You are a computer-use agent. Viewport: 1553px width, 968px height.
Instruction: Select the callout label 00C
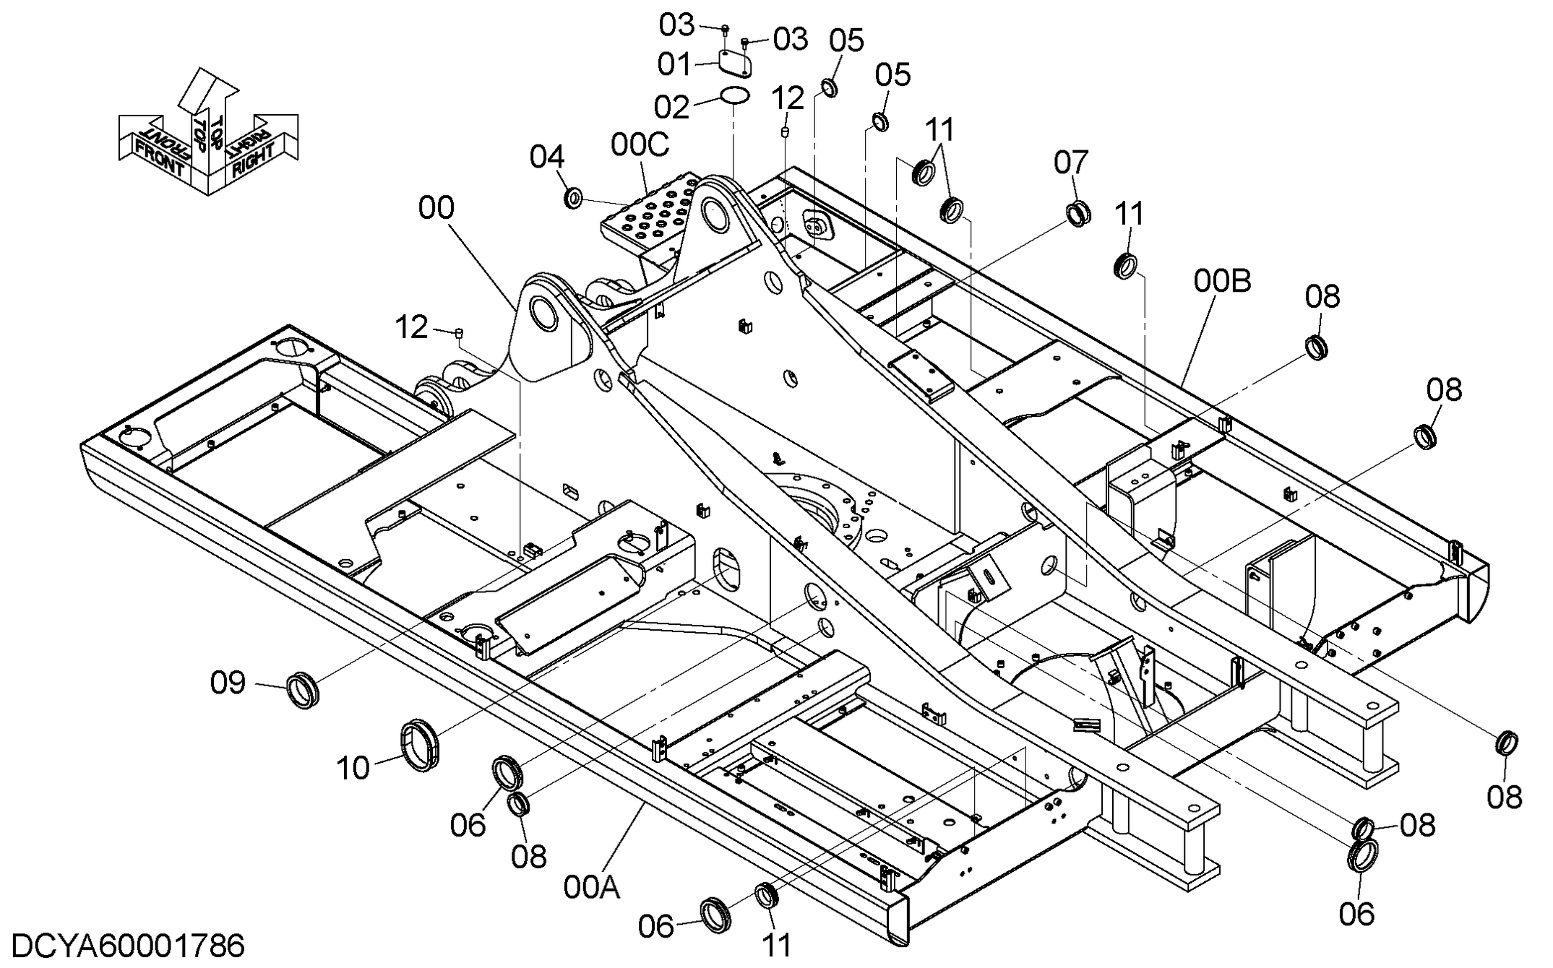(640, 144)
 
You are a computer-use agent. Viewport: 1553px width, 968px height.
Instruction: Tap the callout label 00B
(1222, 281)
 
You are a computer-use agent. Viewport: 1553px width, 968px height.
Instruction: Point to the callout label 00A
(592, 888)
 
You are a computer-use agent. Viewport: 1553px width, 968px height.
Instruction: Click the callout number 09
(228, 683)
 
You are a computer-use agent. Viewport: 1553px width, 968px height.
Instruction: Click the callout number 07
(1071, 163)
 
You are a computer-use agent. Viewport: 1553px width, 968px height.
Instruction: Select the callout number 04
(547, 157)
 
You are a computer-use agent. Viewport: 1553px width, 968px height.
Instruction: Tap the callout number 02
(671, 107)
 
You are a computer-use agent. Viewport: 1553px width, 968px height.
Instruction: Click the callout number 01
(674, 64)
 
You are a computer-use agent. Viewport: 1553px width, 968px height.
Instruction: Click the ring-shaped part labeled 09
(303, 689)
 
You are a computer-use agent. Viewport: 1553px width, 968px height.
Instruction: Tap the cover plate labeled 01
(736, 63)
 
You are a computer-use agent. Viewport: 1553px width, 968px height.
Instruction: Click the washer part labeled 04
(574, 197)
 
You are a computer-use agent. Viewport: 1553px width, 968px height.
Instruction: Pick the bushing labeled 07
(1079, 215)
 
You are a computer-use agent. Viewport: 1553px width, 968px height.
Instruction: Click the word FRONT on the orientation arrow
(160, 156)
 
